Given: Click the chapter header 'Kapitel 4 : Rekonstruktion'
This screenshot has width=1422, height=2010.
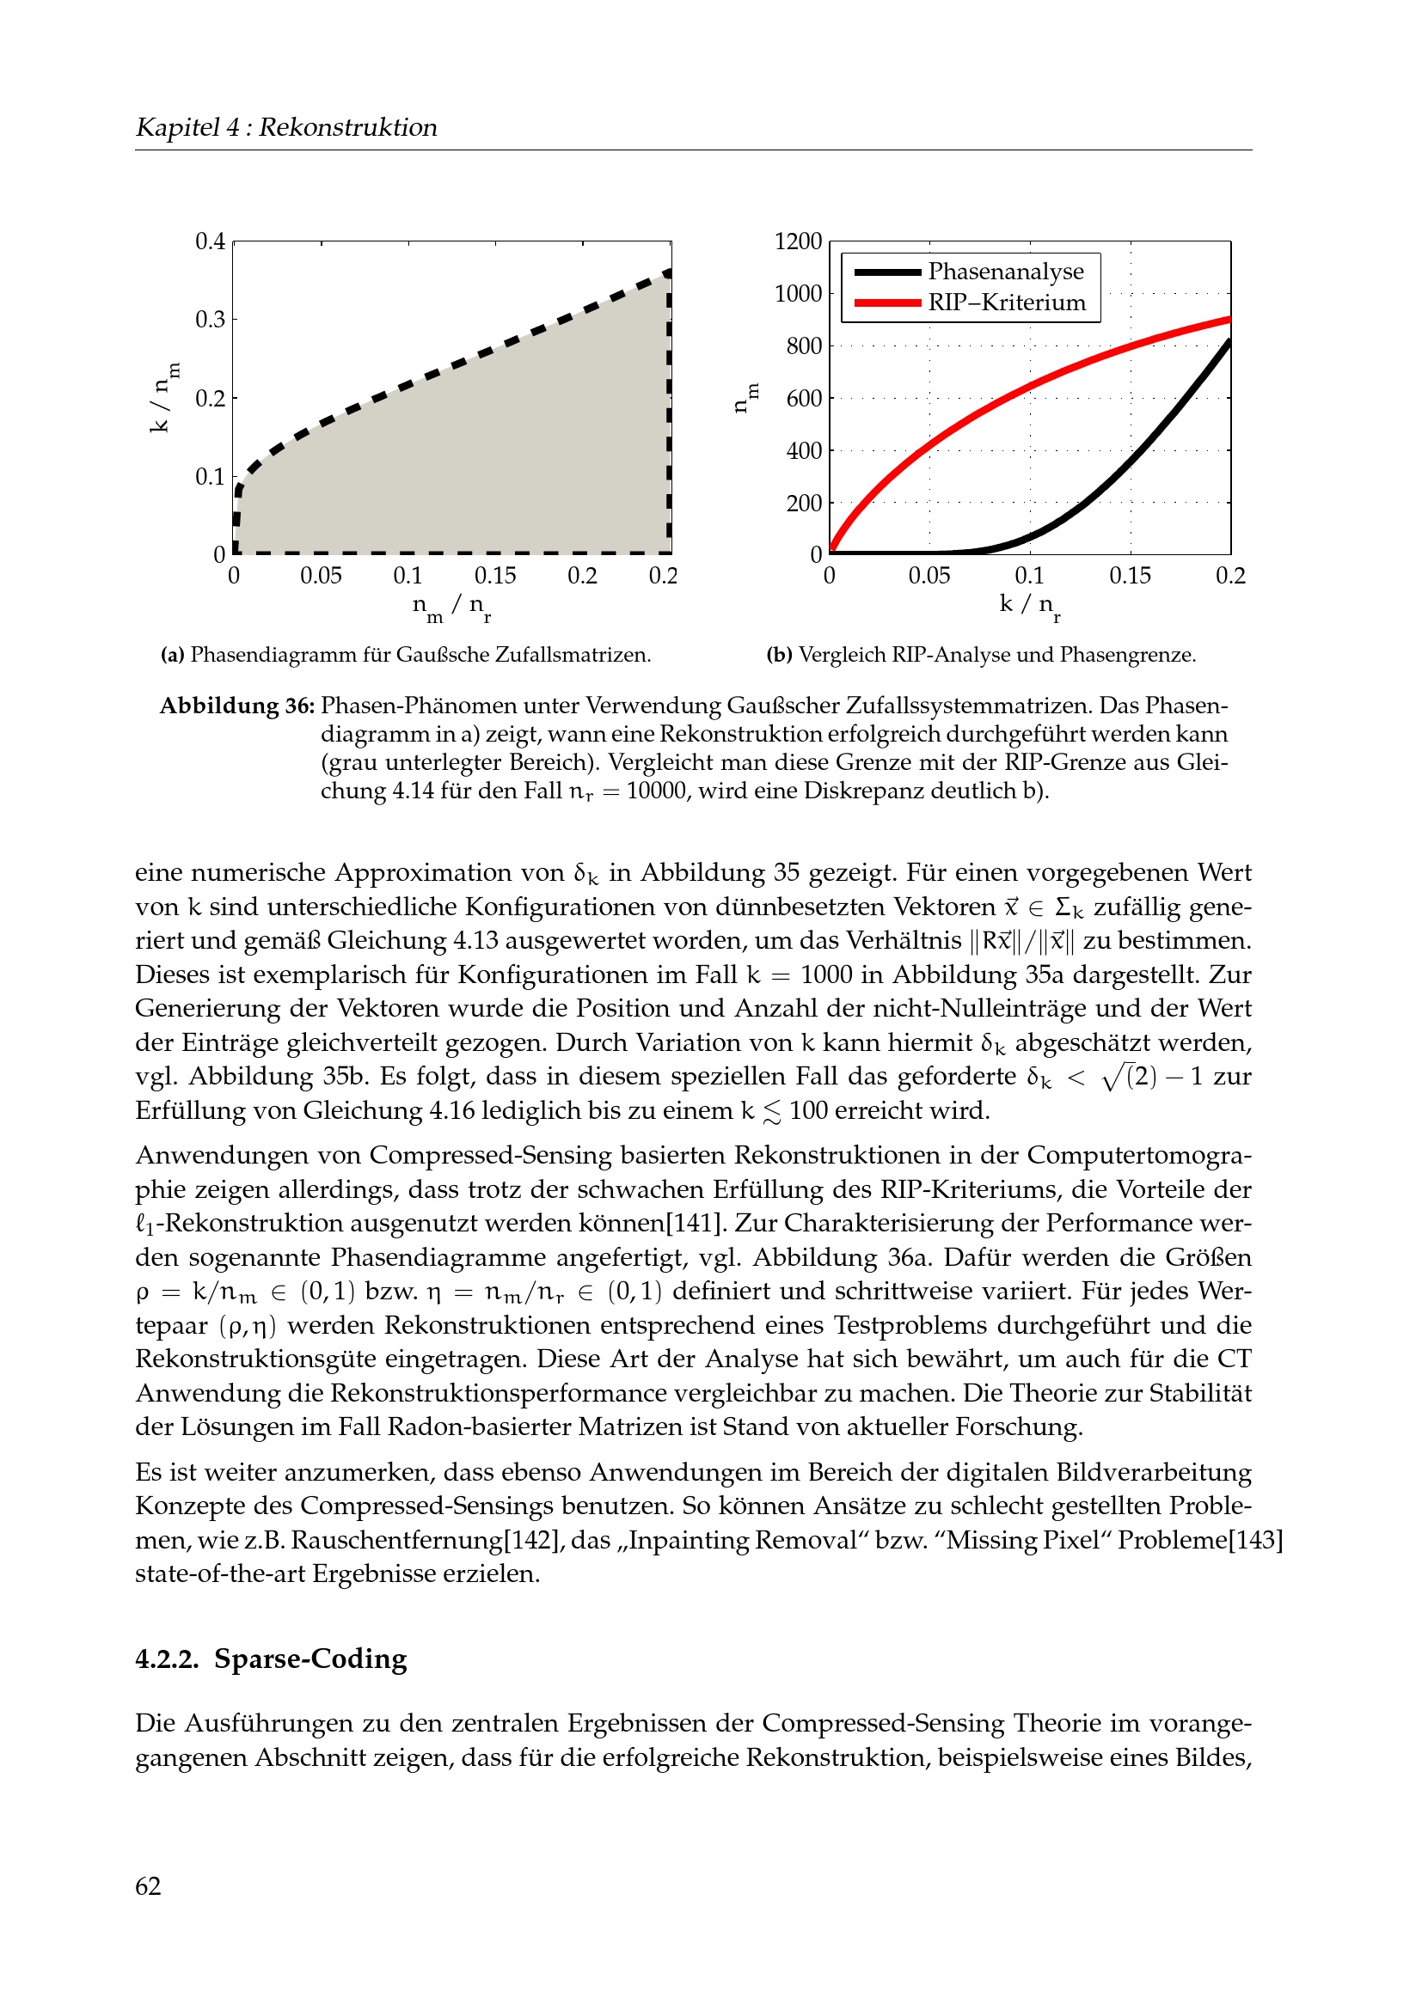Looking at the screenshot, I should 285,128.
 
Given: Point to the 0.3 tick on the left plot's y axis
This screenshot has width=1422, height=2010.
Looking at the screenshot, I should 210,320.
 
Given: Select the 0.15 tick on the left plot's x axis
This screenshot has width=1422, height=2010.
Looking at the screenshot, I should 494,576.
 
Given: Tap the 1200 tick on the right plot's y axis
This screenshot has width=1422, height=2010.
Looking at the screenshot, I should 798,241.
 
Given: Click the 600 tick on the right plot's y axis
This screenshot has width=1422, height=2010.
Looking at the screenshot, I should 804,399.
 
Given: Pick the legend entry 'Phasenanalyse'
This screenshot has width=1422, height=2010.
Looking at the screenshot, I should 1005,272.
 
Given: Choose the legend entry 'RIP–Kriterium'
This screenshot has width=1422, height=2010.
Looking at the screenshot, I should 1006,302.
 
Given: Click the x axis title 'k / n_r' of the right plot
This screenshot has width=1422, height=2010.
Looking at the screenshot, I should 1029,605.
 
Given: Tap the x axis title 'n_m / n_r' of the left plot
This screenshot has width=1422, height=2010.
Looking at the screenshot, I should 451,606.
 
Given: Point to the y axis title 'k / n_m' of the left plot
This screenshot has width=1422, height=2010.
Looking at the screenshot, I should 162,398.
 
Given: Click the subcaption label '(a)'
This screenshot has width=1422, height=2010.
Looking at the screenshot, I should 172,656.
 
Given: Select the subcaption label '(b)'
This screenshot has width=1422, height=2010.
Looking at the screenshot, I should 779,656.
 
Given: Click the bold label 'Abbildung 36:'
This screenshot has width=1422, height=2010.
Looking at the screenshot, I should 236,706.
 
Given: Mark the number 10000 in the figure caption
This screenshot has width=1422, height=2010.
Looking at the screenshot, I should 657,791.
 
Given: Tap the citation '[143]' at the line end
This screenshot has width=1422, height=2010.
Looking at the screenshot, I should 1255,1540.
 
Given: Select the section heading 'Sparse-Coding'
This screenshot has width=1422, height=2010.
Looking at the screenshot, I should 310,1659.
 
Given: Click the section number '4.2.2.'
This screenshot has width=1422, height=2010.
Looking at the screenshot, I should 168,1659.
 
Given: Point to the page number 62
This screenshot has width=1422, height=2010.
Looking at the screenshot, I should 148,1886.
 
